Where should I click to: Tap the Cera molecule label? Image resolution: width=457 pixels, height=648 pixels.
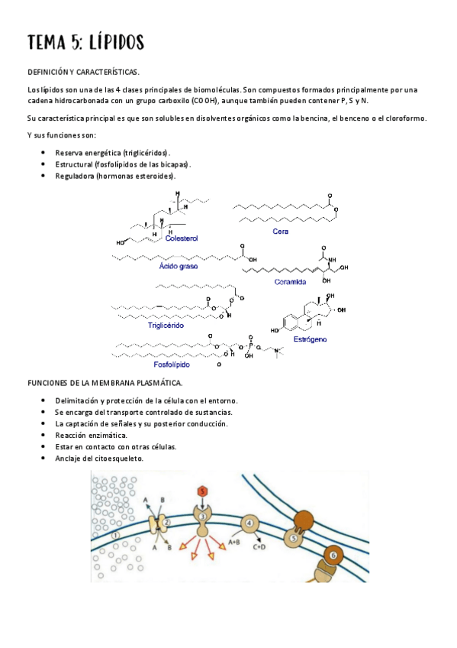point(280,231)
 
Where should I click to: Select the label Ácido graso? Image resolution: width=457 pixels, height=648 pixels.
point(178,267)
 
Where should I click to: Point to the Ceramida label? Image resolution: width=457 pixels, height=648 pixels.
point(289,281)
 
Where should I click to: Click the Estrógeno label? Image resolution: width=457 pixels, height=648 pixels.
point(310,337)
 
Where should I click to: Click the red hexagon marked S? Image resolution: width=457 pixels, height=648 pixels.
point(202,491)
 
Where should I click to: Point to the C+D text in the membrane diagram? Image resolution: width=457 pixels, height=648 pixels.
point(259,547)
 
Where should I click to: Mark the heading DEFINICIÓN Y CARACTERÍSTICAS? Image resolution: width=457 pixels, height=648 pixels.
point(83,72)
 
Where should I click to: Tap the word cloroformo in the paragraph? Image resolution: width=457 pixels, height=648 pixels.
point(402,118)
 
